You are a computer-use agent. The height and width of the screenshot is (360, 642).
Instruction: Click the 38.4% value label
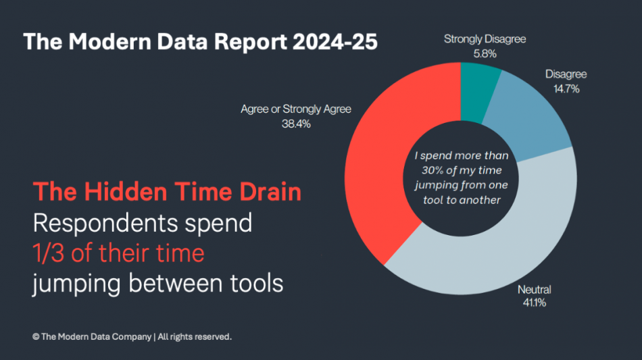(296, 124)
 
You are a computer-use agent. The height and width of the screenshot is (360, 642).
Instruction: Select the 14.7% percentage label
(566, 88)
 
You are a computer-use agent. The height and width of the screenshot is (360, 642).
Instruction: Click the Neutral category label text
(534, 290)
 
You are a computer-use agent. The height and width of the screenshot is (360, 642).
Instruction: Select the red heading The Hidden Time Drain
(168, 192)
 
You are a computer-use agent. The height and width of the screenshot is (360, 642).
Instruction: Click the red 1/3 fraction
(49, 254)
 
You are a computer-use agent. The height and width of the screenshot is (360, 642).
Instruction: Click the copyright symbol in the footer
(35, 336)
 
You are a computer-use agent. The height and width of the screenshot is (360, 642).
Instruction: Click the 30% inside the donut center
(424, 171)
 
